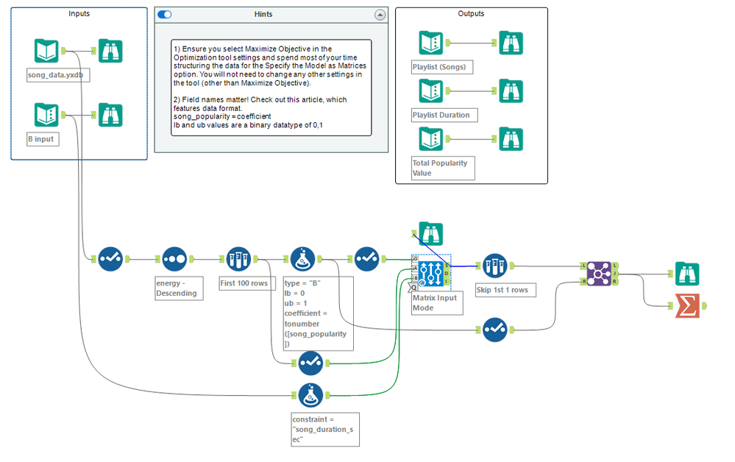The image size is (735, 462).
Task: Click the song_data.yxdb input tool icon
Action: point(46,51)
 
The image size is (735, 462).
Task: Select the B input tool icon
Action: point(46,115)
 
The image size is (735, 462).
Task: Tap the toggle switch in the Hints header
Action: point(165,14)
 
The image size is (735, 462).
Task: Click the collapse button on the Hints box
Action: point(380,14)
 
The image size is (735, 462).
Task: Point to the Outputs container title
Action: point(471,13)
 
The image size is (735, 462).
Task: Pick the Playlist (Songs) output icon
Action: point(431,43)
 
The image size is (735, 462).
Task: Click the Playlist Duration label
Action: point(441,115)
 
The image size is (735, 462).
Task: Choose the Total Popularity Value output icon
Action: point(431,139)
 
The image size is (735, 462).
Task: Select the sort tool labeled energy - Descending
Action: point(174,259)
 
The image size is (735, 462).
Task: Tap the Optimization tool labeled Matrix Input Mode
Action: point(431,272)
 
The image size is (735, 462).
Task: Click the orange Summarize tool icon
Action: point(687,305)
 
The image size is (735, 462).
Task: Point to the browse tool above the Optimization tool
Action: point(431,234)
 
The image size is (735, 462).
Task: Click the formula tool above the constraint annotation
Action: point(310,394)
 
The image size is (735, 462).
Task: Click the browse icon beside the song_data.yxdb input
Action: point(110,51)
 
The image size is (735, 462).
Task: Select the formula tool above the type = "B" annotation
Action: point(303,259)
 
